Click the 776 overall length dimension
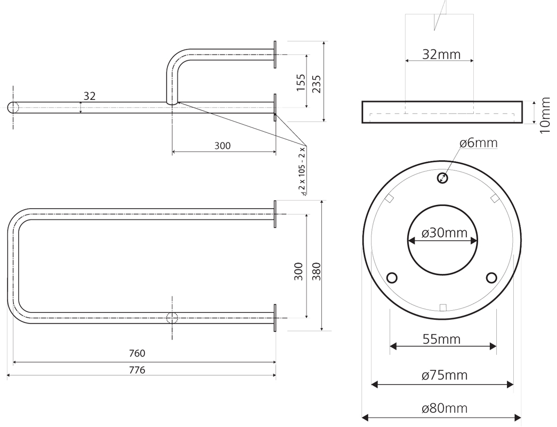[x=137, y=370]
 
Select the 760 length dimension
[x=137, y=353]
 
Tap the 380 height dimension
[x=316, y=271]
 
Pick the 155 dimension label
[x=301, y=83]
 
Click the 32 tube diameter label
[x=90, y=96]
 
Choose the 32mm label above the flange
[x=441, y=54]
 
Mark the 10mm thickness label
[x=544, y=115]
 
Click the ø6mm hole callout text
[x=478, y=143]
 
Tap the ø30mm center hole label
[x=444, y=233]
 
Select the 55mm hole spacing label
[x=441, y=339]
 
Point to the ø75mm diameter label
[x=444, y=375]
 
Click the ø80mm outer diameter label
[x=444, y=409]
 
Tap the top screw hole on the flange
[x=442, y=178]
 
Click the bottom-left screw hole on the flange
[x=392, y=278]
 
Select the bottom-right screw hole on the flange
[x=491, y=278]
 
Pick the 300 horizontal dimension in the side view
[x=222, y=146]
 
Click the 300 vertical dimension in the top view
[x=298, y=271]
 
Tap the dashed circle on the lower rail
[x=172, y=318]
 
